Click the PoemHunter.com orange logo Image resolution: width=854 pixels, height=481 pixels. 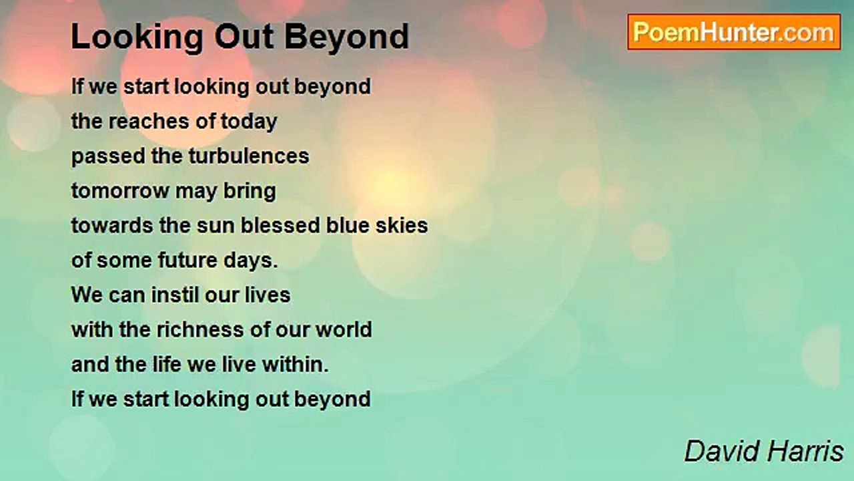pyautogui.click(x=734, y=32)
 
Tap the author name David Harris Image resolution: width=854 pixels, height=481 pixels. pyautogui.click(x=764, y=451)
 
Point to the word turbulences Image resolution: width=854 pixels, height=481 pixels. pyautogui.click(x=249, y=156)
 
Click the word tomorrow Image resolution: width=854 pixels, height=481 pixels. pyautogui.click(x=120, y=191)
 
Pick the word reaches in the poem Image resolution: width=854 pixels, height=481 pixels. pyautogui.click(x=149, y=122)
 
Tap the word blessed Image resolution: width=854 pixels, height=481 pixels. pyautogui.click(x=280, y=225)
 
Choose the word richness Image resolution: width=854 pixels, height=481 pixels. pyautogui.click(x=200, y=330)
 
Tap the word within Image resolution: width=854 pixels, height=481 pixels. pyautogui.click(x=295, y=365)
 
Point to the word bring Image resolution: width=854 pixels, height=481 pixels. pyautogui.click(x=250, y=192)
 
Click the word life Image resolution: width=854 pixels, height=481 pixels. pyautogui.click(x=167, y=365)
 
